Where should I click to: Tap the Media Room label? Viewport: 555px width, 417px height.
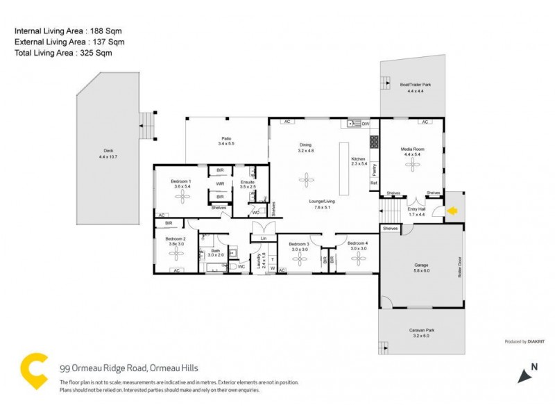point(413,149)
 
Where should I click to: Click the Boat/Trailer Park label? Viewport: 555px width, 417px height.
point(415,85)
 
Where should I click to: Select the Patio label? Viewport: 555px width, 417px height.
point(226,139)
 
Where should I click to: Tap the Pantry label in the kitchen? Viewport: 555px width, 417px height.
point(373,167)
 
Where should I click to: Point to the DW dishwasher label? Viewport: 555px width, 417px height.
point(365,124)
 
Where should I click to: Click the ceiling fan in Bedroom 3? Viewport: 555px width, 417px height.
point(299,259)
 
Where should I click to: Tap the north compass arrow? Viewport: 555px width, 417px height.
point(525,373)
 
